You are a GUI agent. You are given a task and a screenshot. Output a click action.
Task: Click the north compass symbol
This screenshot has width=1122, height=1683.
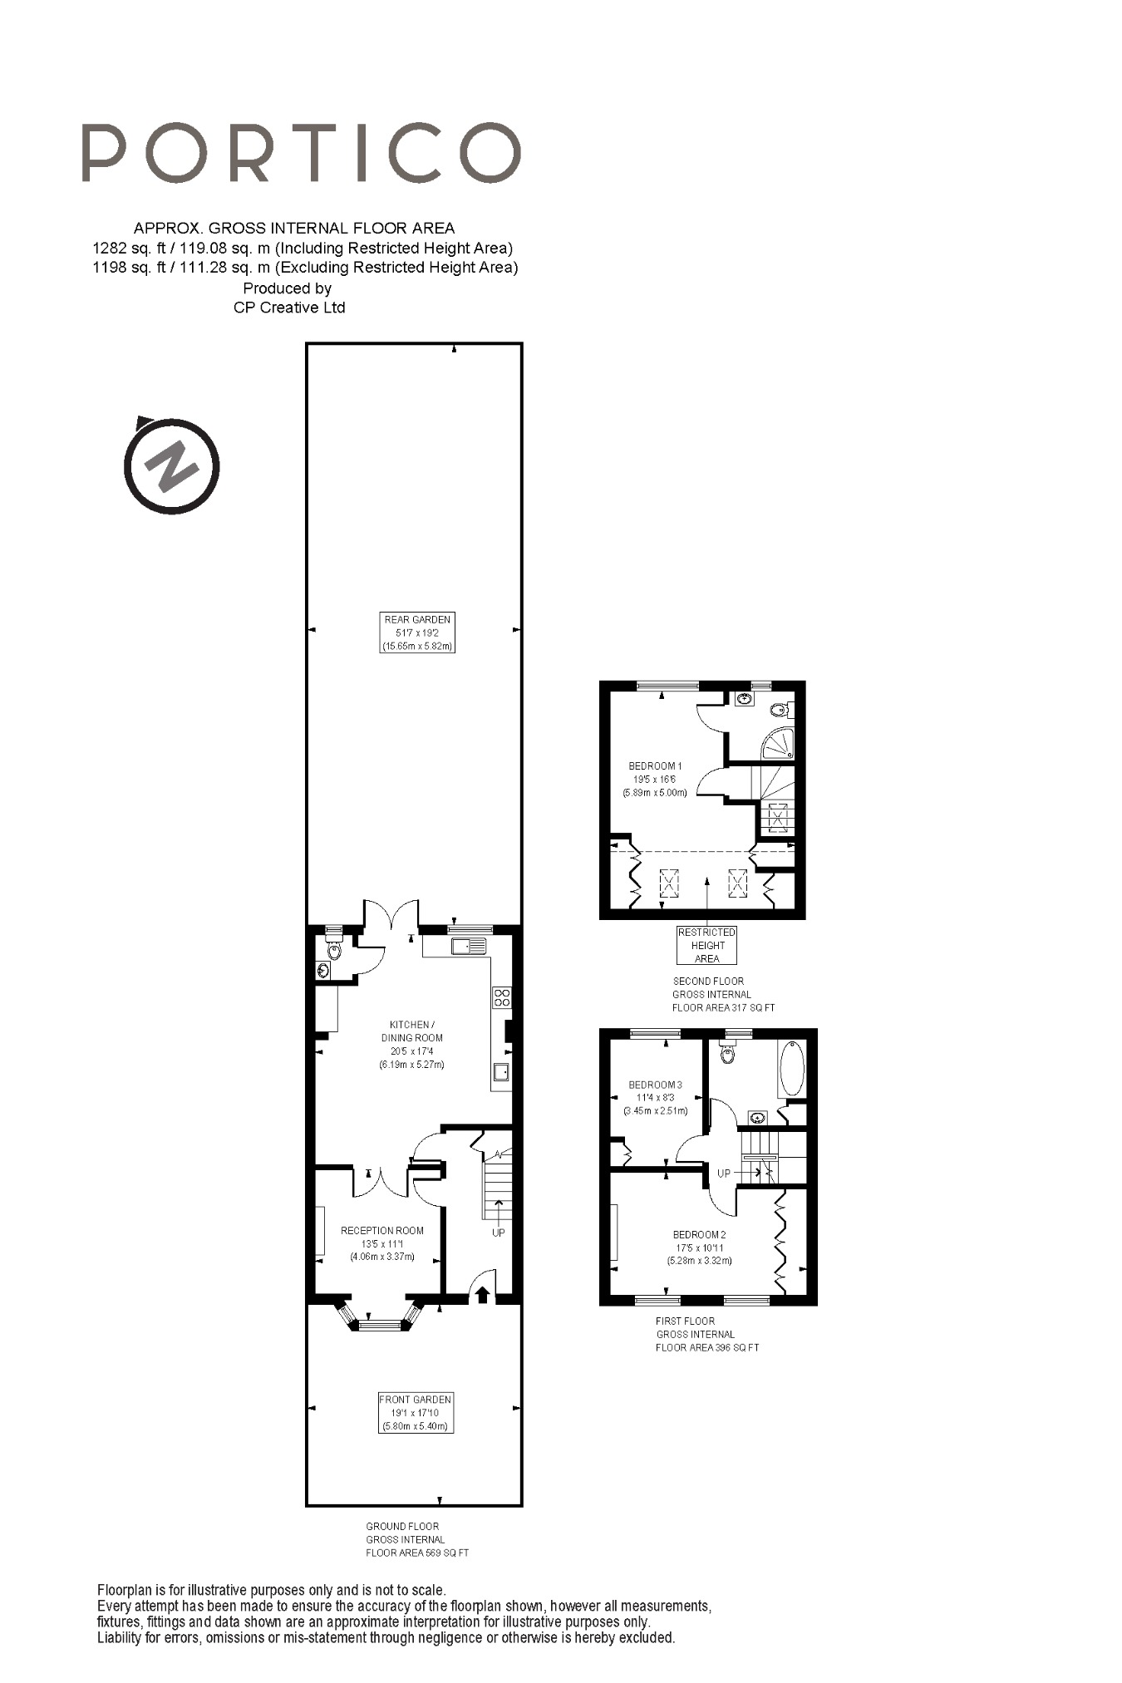click(x=171, y=466)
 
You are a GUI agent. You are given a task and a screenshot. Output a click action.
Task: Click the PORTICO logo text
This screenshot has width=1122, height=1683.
click(x=301, y=153)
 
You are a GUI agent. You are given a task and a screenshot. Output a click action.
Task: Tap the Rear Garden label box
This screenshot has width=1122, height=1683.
click(x=417, y=632)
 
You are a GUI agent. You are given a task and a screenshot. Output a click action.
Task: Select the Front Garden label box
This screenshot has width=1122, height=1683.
click(x=416, y=1412)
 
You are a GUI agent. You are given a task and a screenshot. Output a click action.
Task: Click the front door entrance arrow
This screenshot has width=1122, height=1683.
click(x=482, y=1294)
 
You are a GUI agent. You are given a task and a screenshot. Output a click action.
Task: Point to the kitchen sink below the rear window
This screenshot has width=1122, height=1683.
click(x=469, y=946)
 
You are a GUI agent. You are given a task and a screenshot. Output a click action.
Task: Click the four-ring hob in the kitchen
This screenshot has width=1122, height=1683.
click(x=501, y=997)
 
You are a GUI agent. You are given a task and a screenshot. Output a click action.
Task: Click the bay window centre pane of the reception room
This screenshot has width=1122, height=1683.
click(x=384, y=1325)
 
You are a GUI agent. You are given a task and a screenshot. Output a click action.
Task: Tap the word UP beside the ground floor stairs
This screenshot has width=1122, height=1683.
click(x=498, y=1233)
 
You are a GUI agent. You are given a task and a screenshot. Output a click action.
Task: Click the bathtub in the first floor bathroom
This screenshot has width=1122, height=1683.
click(x=792, y=1068)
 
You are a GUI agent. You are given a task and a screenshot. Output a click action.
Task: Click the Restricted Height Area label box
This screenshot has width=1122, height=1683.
click(x=706, y=945)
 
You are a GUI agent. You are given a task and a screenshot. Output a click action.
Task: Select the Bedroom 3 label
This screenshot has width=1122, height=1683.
click(x=655, y=1085)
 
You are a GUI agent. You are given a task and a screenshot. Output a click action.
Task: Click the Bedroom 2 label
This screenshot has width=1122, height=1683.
click(x=699, y=1234)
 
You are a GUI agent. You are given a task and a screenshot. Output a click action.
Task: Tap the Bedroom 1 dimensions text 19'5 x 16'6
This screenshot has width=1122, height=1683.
click(x=655, y=780)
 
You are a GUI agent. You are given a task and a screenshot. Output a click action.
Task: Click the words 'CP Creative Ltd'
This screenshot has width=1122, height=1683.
click(x=289, y=308)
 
